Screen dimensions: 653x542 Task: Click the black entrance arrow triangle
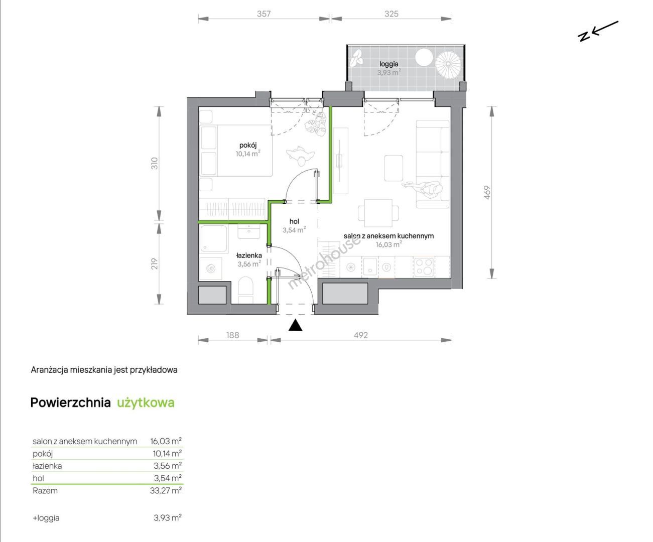click(295, 325)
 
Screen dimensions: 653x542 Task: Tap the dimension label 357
click(264, 14)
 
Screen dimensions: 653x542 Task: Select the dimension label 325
click(391, 14)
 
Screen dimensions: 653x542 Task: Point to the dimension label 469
click(487, 193)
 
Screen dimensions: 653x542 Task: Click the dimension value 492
click(360, 335)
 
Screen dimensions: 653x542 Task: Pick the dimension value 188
click(233, 335)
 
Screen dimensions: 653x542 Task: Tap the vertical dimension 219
click(155, 263)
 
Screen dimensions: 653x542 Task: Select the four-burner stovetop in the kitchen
click(424, 267)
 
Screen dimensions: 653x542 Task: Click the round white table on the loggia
click(424, 58)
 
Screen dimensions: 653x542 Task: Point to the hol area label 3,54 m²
click(294, 230)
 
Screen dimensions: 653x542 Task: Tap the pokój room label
click(248, 145)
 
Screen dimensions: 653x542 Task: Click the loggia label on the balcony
click(388, 64)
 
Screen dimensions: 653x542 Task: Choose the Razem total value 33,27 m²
click(166, 490)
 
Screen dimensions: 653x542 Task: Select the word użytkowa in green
click(146, 403)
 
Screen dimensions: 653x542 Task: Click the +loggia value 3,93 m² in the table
click(168, 518)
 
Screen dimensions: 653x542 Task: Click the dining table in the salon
click(378, 213)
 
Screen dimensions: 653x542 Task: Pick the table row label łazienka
click(47, 466)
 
